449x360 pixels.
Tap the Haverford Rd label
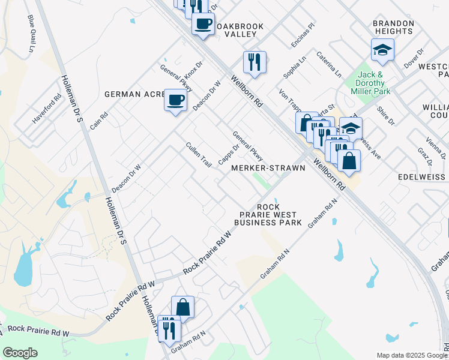(47, 109)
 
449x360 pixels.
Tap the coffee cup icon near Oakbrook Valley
(203, 25)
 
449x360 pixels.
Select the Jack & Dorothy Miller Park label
(371, 83)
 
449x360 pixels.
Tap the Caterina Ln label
(330, 64)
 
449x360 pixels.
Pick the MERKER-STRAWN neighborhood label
(268, 168)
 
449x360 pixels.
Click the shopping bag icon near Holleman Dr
(182, 307)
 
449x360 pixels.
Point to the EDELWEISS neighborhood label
(423, 178)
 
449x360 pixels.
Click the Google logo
(20, 353)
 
